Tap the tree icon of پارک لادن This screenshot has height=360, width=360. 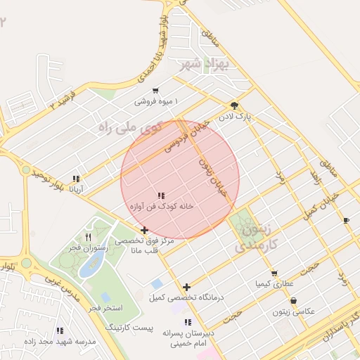point(233,105)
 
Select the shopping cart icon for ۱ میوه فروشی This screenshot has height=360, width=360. point(155,91)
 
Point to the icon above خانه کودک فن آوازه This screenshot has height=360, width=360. point(160,195)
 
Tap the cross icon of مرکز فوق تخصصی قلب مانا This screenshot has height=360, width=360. point(144,230)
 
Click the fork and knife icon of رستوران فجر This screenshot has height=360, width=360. point(88,237)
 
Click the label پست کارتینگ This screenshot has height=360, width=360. point(129,328)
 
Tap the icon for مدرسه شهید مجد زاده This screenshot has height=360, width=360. point(60,330)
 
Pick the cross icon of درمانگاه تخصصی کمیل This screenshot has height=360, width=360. point(186,287)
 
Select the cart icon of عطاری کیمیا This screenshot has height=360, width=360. point(274,273)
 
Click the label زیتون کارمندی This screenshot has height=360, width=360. point(256,238)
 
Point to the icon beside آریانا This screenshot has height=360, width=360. point(76,179)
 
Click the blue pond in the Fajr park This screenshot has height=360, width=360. point(92,265)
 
